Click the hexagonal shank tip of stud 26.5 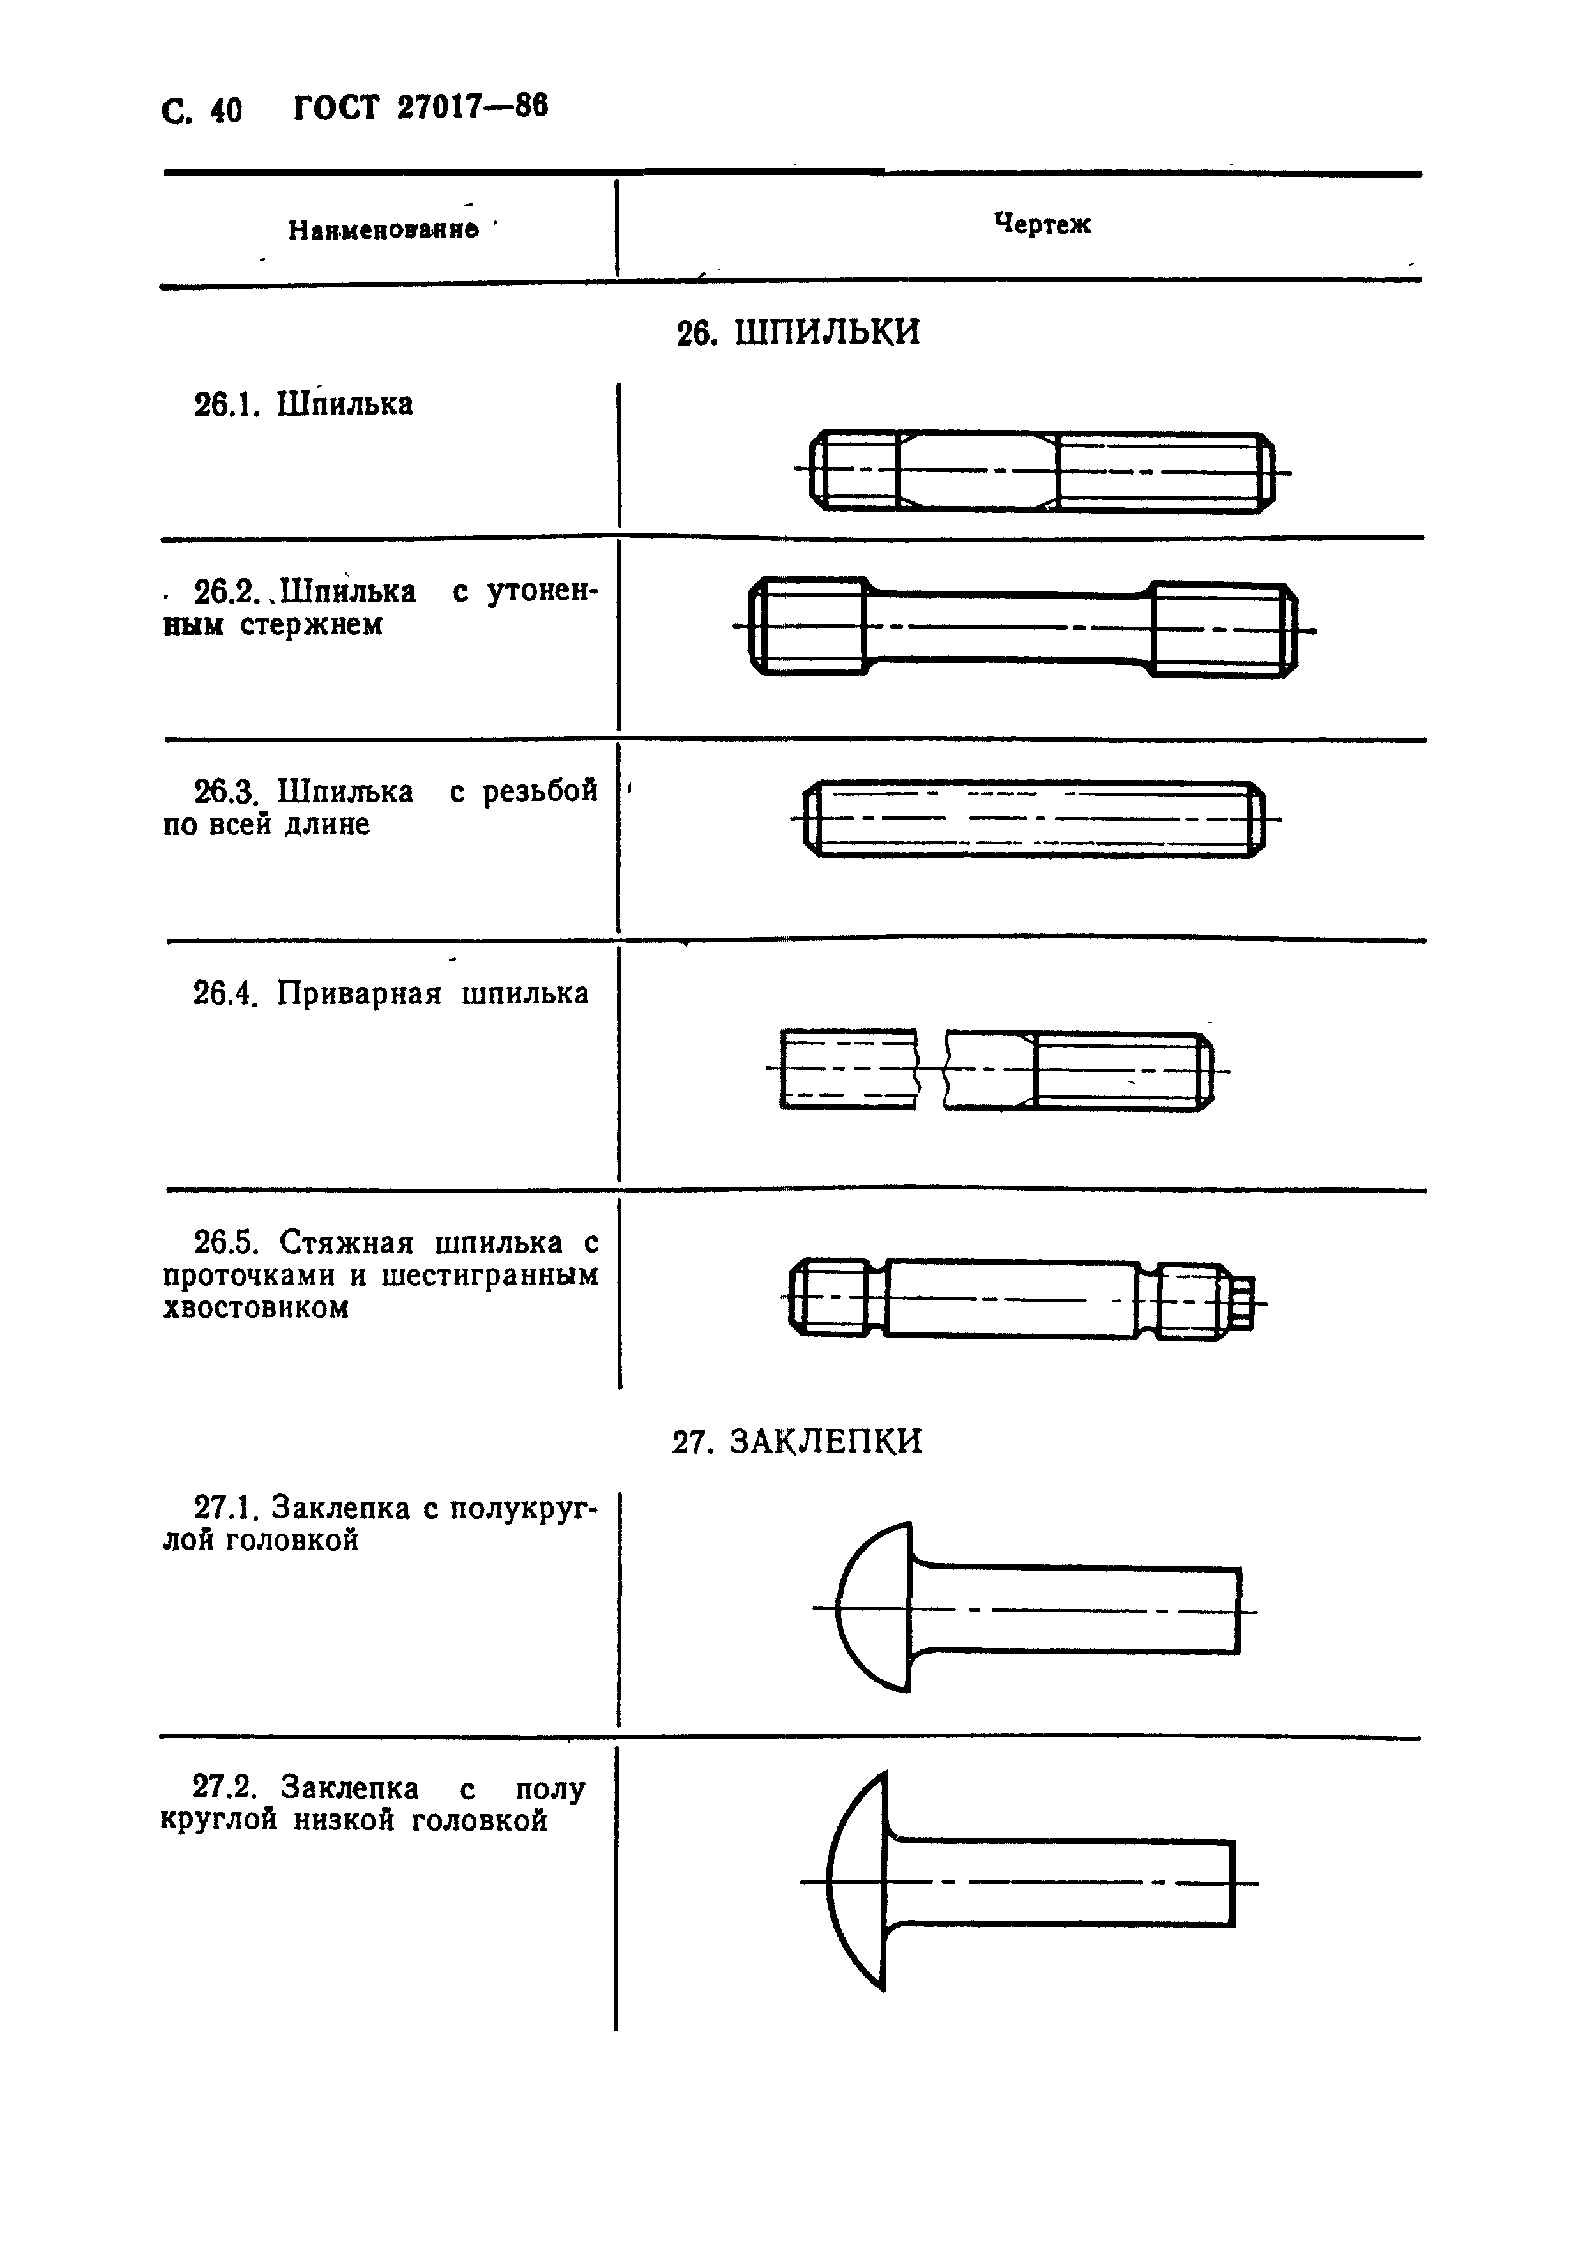[x=1243, y=1302]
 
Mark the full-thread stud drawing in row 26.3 [x=1035, y=819]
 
